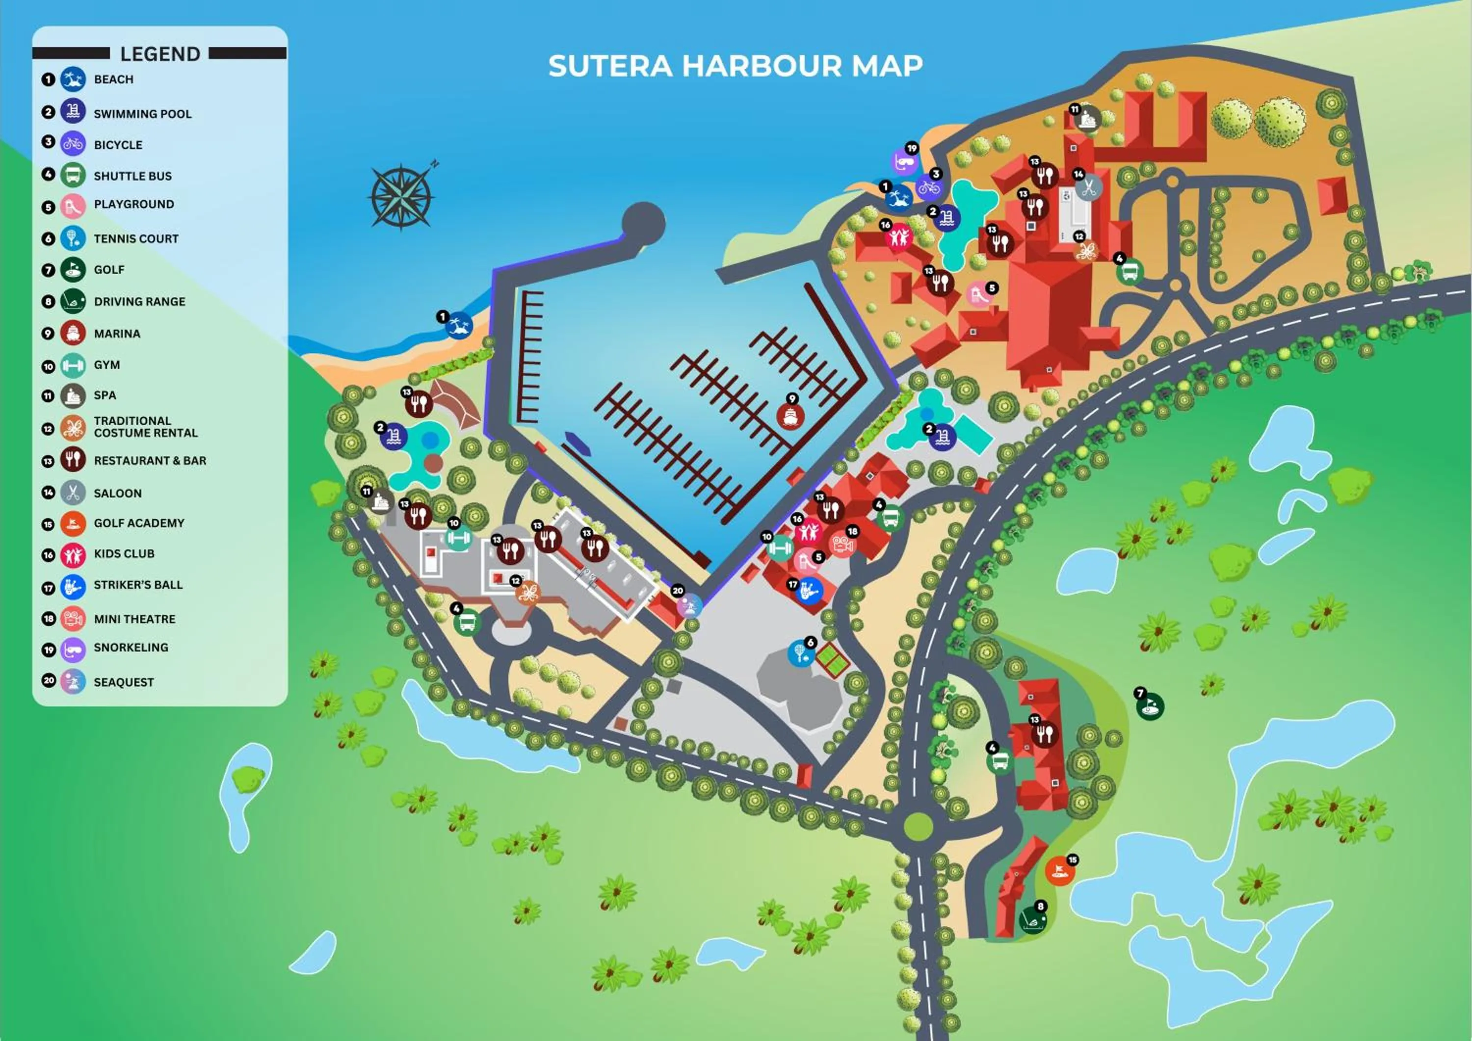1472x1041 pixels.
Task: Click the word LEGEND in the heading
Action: tap(160, 54)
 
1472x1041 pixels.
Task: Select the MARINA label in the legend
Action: tap(117, 333)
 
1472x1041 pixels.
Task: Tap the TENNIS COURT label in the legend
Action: tap(136, 238)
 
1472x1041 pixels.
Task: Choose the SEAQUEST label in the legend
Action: tap(124, 682)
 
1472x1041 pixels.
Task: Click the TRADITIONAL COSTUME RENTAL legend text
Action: tap(146, 427)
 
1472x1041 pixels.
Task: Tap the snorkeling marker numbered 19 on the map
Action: tap(905, 162)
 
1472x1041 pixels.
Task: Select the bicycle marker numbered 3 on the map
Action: tap(928, 187)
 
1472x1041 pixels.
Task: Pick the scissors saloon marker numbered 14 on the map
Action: tap(1088, 188)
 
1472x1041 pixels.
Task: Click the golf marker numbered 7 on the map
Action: tap(1150, 707)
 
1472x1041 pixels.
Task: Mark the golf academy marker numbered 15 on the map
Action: tap(1059, 872)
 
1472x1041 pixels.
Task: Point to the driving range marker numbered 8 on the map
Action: tap(1033, 920)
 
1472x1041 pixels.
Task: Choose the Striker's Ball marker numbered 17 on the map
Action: tap(809, 590)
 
